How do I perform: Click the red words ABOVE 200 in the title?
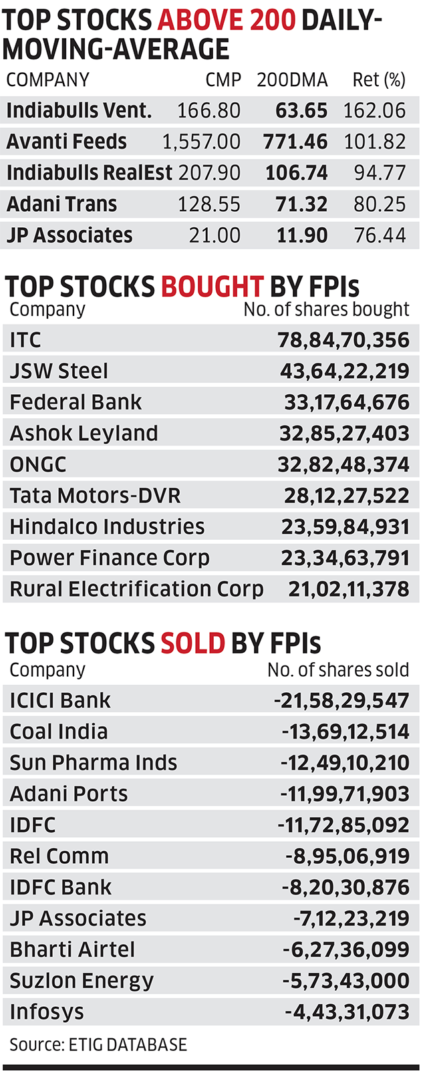pos(227,21)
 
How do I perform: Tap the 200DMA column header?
pos(292,80)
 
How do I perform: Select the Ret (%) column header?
pos(379,80)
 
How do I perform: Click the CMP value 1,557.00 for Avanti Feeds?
pos(201,142)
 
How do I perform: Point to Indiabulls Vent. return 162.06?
pos(374,110)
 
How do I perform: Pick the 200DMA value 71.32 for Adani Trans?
pos(301,204)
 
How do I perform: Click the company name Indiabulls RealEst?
pos(90,173)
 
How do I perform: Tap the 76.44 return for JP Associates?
pos(380,235)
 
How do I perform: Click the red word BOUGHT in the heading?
pos(212,287)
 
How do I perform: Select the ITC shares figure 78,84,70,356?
pos(343,340)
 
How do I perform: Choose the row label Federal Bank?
pos(76,402)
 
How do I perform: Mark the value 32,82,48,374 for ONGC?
pos(343,464)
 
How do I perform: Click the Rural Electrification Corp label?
pos(136,589)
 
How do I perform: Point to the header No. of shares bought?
pos(326,309)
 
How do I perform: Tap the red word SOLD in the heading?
pos(192,643)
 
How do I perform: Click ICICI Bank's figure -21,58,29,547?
pos(341,700)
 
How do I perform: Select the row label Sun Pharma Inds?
pos(94,762)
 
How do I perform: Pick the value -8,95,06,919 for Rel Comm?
pos(347,856)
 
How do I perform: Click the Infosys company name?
pos(47,1012)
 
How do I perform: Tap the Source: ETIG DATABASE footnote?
pos(98,1044)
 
